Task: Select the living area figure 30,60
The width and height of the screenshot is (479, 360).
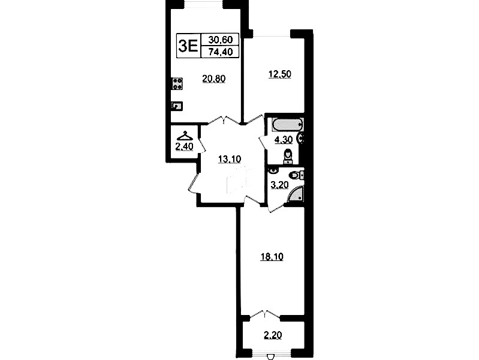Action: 220,40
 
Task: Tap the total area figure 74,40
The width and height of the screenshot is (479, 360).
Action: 220,52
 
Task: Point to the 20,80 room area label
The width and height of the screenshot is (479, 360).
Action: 214,79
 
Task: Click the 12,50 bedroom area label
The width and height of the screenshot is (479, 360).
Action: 279,74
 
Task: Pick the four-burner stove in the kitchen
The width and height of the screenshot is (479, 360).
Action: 177,84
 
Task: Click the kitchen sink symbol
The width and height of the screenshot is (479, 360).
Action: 177,106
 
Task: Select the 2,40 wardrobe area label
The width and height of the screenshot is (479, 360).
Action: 184,147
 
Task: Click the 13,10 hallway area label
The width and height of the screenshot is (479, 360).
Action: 230,159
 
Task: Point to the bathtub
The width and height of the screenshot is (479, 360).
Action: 288,125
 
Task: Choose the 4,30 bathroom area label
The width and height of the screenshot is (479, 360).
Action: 284,140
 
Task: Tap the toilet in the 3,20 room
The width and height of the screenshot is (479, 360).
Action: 296,175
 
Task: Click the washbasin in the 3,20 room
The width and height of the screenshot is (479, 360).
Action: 273,170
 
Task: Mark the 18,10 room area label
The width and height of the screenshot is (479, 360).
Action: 272,257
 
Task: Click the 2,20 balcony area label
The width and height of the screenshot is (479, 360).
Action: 273,335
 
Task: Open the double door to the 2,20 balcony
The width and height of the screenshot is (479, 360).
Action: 265,316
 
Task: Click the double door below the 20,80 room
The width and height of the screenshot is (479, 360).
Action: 224,120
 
